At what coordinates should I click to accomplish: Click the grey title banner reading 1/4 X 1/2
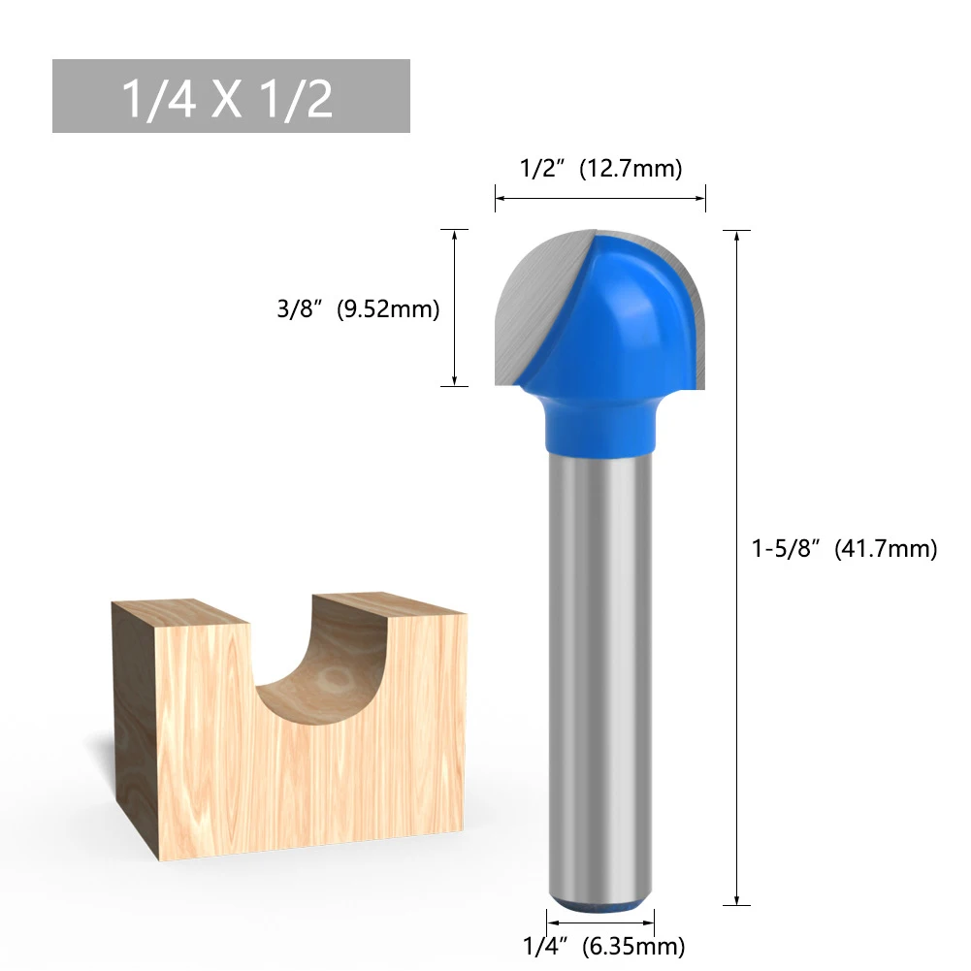coord(231,96)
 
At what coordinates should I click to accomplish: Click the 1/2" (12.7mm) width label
coord(600,169)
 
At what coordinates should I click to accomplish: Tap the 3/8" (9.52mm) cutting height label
coord(358,309)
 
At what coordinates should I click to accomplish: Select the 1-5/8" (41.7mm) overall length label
coord(844,549)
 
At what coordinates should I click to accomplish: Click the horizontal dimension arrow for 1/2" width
coord(600,199)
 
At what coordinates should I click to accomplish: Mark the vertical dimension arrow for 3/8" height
coord(454,308)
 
